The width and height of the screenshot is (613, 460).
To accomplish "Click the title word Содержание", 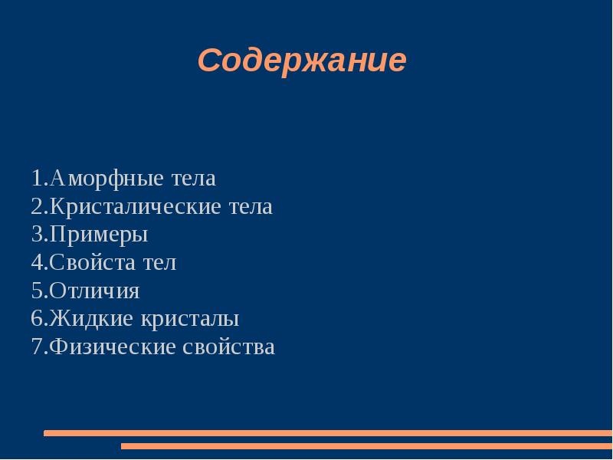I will point(301,61).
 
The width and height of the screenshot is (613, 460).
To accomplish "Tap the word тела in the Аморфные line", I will point(192,179).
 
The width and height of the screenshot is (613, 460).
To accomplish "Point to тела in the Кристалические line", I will point(249,207).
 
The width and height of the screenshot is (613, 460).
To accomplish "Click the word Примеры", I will point(98,235).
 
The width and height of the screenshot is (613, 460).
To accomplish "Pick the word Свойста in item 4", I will point(90,263).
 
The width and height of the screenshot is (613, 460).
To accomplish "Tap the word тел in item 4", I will point(159,263).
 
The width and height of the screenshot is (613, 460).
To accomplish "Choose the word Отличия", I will point(94,291).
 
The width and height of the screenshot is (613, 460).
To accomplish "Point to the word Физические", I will point(113,347).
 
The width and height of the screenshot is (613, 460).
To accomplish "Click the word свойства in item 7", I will point(229,347).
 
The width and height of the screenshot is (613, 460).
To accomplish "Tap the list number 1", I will point(37,179).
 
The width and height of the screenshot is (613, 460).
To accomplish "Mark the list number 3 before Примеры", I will point(37,235).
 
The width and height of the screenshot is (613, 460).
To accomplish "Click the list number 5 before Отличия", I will point(37,291).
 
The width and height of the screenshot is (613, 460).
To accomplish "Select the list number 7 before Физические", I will point(37,347).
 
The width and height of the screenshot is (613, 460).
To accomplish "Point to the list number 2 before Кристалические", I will point(37,207).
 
